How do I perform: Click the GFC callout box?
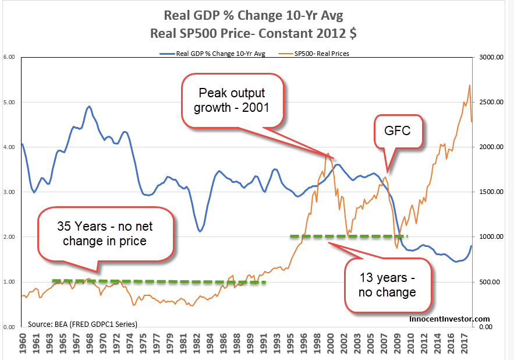[x=399, y=130]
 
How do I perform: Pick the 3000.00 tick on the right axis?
[x=490, y=57]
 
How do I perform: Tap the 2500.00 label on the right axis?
[x=490, y=102]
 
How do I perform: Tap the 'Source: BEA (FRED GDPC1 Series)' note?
[x=83, y=323]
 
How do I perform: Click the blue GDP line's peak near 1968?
[x=89, y=107]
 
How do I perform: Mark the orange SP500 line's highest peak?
[x=469, y=85]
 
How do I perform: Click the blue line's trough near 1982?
[x=200, y=231]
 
